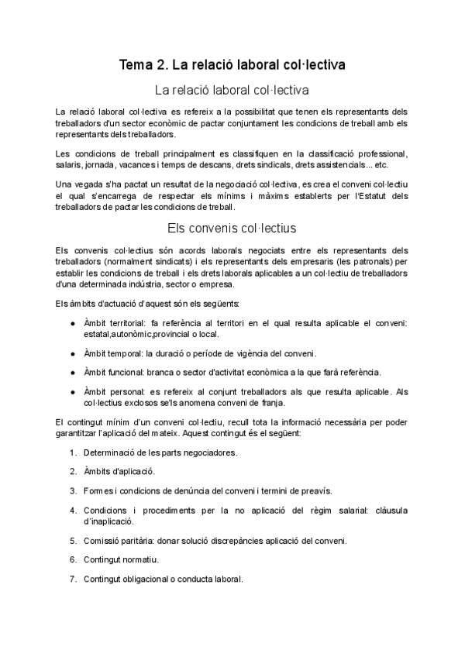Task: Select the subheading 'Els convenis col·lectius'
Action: click(232, 229)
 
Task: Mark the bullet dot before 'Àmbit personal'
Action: click(72, 392)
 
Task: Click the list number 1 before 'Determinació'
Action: click(72, 452)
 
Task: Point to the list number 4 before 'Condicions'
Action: click(72, 510)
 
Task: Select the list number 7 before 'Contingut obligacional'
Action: click(72, 578)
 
